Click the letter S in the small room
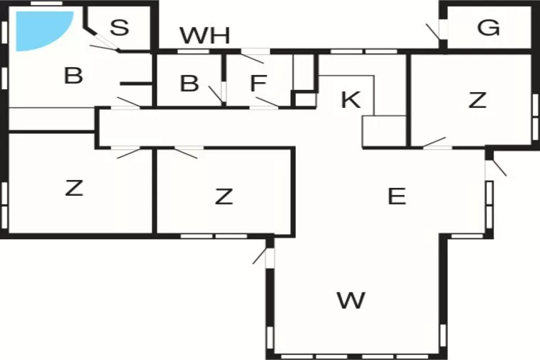[x=120, y=27]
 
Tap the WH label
[x=204, y=35]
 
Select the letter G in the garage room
[x=488, y=27]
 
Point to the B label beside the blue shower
[x=73, y=76]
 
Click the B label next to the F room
[x=189, y=83]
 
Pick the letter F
[x=258, y=83]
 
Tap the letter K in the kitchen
[x=351, y=99]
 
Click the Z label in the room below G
[x=477, y=100]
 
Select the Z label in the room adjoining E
[x=224, y=197]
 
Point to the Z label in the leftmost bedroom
[x=74, y=188]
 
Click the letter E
[x=397, y=197]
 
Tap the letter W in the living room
[x=351, y=300]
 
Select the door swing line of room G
[x=433, y=32]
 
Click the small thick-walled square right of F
[x=304, y=99]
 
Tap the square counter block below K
[x=384, y=131]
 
